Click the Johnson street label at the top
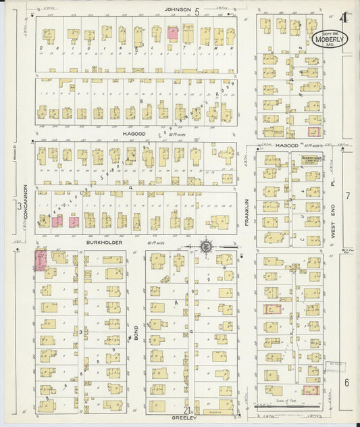178,10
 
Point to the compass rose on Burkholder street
205,247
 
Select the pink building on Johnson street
172,32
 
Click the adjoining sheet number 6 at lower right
346,382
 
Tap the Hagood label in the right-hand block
286,145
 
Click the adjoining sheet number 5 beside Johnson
197,11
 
